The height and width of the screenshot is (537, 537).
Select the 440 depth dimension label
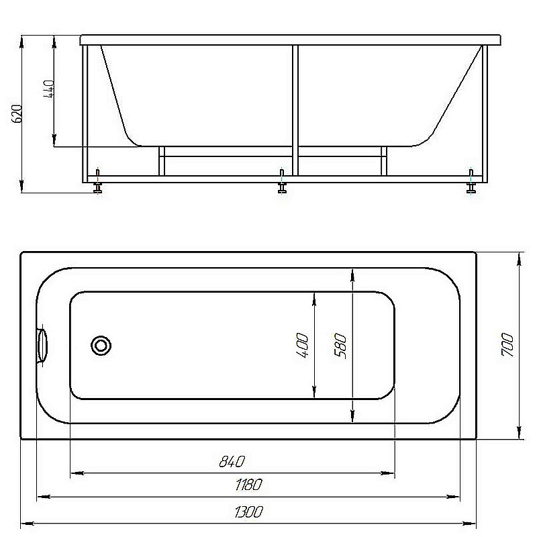pyautogui.click(x=48, y=89)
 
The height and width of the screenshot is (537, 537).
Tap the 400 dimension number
pyautogui.click(x=302, y=345)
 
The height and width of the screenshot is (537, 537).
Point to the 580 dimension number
pyautogui.click(x=340, y=346)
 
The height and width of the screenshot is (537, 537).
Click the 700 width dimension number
pyautogui.click(x=507, y=344)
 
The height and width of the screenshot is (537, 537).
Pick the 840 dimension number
pyautogui.click(x=232, y=462)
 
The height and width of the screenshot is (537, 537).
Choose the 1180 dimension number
pyautogui.click(x=248, y=485)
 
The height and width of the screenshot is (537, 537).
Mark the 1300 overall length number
pyautogui.click(x=249, y=512)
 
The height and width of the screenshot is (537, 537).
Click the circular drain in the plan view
pyautogui.click(x=101, y=346)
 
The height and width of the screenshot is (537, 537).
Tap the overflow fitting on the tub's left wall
pyautogui.click(x=42, y=345)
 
